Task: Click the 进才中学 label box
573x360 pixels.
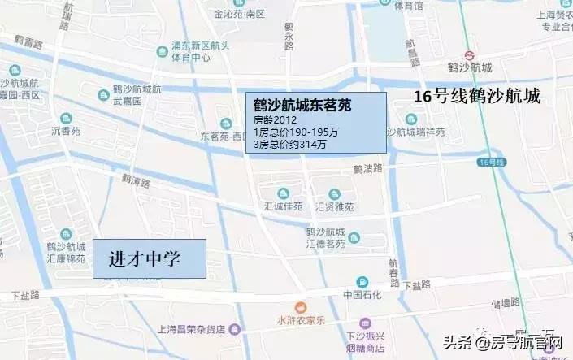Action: coord(149,260)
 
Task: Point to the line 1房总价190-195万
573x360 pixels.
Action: coord(294,132)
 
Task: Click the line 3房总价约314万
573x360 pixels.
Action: coord(290,145)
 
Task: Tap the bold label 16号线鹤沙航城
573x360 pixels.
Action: coord(477,96)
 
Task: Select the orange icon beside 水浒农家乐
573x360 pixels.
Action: coord(301,307)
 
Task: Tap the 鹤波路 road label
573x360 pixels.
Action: coord(367,171)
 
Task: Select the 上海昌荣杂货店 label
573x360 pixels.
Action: coord(186,328)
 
